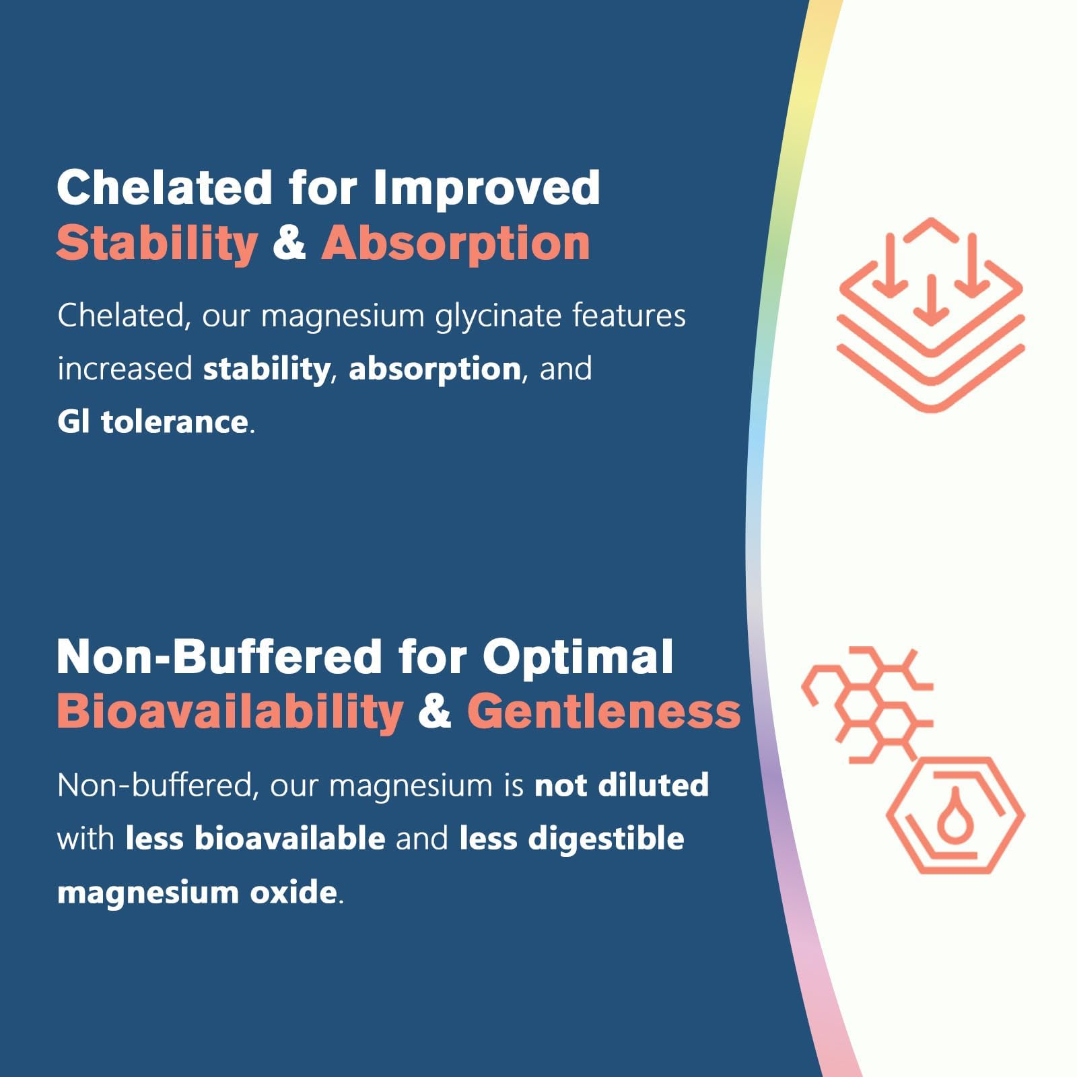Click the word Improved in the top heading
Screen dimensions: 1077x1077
tap(486, 188)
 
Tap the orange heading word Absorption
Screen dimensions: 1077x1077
tap(456, 244)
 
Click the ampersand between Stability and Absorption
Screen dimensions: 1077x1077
tap(289, 244)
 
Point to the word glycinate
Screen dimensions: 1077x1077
tap(497, 316)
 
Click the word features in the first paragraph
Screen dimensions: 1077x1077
tap(629, 315)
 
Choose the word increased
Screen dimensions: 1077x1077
tap(125, 369)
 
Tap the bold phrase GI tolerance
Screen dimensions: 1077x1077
tap(152, 422)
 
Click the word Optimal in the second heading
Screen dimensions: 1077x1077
tap(578, 658)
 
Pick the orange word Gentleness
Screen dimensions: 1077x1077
tap(604, 711)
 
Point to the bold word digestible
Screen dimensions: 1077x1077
tap(606, 839)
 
